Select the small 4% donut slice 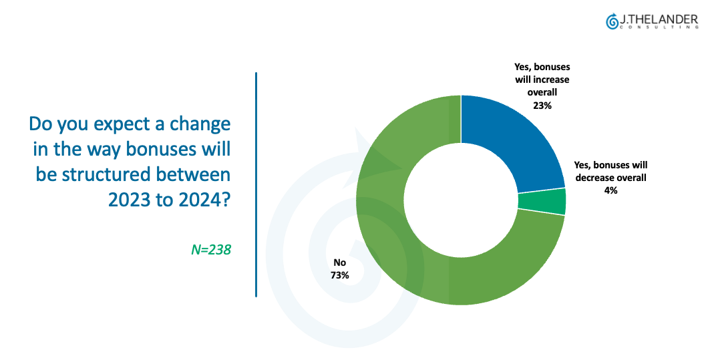pyautogui.click(x=542, y=202)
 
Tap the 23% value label pyautogui.click(x=542, y=106)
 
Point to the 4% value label pyautogui.click(x=610, y=190)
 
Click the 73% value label pyautogui.click(x=340, y=275)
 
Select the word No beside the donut pyautogui.click(x=340, y=262)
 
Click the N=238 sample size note pyautogui.click(x=211, y=249)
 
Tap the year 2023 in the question pyautogui.click(x=130, y=200)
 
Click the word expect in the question pyautogui.click(x=119, y=125)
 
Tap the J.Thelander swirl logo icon pyautogui.click(x=612, y=21)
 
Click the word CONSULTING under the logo pyautogui.click(x=659, y=27)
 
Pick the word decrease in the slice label pyautogui.click(x=594, y=178)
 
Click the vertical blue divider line pyautogui.click(x=256, y=184)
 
